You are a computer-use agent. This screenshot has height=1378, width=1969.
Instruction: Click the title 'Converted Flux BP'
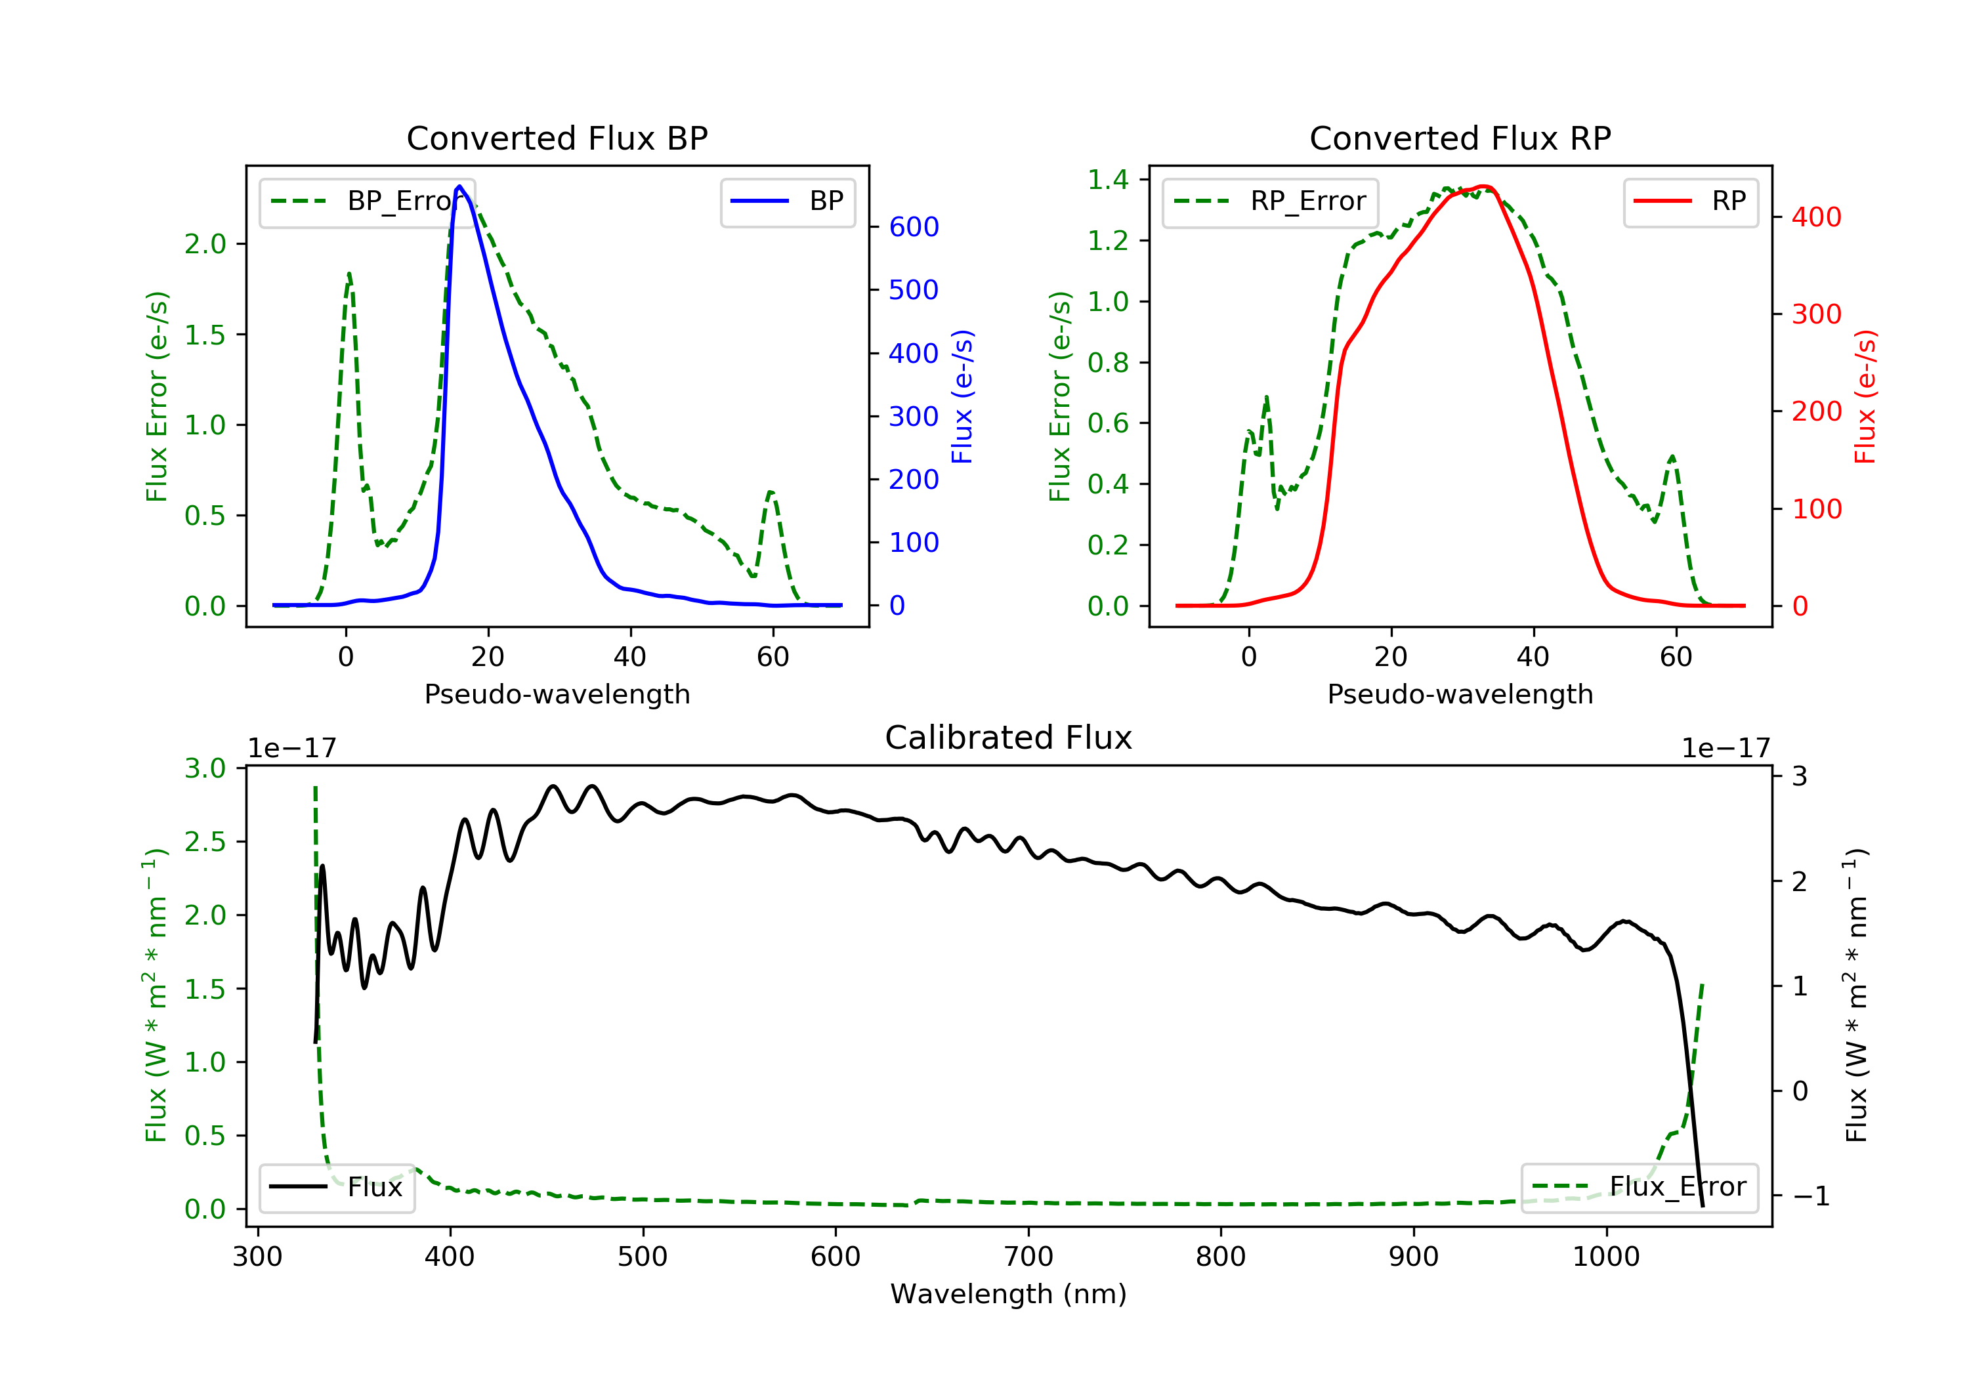coord(557,138)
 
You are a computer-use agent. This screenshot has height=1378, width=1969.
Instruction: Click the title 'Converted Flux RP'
coord(1460,138)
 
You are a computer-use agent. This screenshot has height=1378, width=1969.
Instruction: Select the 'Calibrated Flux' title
coord(1009,738)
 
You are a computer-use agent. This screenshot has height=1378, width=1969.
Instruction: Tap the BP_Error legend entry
coord(367,201)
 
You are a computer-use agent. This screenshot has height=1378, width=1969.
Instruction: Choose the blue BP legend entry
coord(787,201)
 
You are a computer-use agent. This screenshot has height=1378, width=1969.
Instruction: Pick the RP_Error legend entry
coord(1270,201)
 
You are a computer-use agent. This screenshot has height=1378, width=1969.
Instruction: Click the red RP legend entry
coord(1690,201)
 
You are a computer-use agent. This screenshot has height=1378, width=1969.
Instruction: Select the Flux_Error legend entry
coord(1639,1187)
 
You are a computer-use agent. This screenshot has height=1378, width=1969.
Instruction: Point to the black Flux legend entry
coord(336,1187)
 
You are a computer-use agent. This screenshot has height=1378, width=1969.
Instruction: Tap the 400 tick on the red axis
coord(1816,217)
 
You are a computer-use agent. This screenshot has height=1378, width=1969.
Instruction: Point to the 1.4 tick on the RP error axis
coord(1108,179)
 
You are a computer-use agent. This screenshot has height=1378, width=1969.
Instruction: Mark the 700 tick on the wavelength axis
coord(1028,1257)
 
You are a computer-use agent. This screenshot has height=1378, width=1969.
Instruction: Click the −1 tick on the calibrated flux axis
coord(1810,1196)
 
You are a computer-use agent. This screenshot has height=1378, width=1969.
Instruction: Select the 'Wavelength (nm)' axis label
coord(1009,1294)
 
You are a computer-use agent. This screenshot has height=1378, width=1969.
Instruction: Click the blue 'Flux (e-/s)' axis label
coord(962,396)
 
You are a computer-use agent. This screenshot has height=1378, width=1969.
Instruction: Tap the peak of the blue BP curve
coord(459,186)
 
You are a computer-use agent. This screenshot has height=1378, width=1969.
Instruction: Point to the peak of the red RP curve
coord(1485,187)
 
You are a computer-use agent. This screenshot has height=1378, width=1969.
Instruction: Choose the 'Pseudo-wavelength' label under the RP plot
coord(1460,694)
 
